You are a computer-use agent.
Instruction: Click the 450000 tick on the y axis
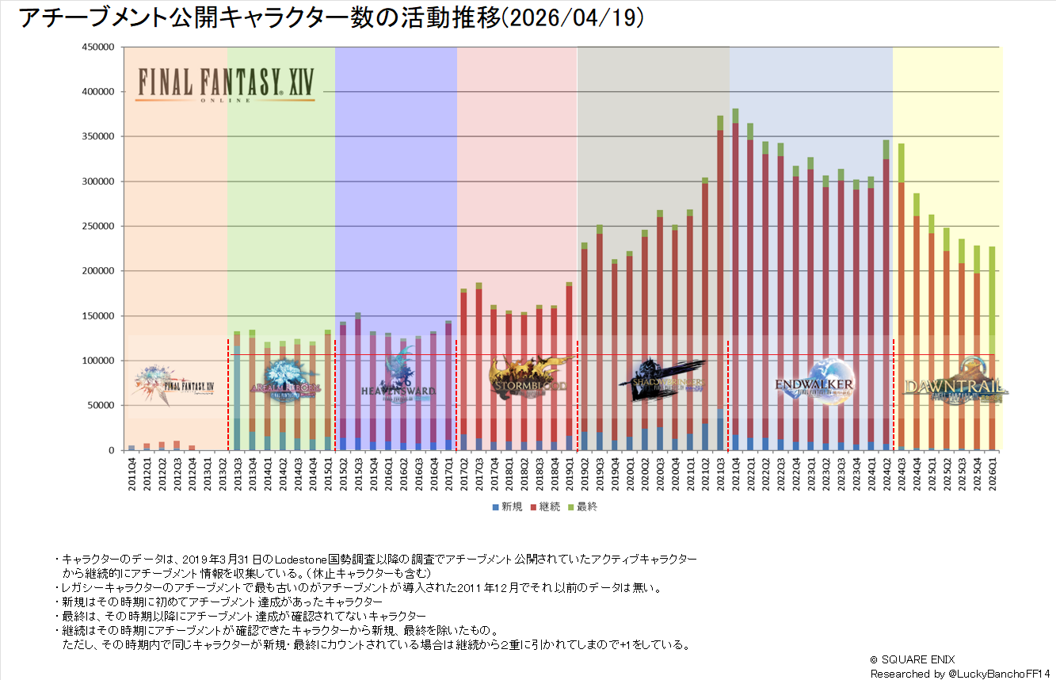[101, 47]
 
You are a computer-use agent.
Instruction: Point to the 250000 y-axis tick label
[101, 226]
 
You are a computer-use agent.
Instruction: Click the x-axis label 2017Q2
[463, 474]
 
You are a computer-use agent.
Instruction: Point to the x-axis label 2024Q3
[902, 474]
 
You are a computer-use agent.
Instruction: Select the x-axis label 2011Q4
[132, 474]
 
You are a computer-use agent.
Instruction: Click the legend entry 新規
[506, 506]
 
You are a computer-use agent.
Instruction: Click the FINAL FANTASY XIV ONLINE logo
[225, 84]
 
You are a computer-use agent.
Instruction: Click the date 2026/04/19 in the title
[574, 18]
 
